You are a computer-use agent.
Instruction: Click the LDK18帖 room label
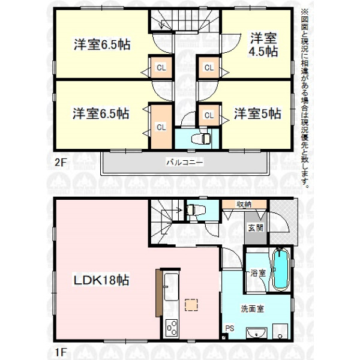[101, 280]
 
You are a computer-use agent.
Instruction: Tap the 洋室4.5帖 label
[263, 45]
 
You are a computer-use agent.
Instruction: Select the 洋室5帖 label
[257, 113]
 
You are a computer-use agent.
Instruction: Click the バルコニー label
[185, 163]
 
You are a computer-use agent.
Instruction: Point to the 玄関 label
[256, 228]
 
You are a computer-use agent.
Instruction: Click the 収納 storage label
[244, 204]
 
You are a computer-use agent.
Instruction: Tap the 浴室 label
[258, 273]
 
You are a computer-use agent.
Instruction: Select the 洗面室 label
[253, 308]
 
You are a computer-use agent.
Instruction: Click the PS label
[230, 328]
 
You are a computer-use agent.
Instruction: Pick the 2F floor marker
[61, 163]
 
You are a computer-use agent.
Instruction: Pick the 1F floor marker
[61, 352]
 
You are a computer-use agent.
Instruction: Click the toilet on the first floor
[195, 210]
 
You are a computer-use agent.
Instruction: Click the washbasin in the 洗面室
[256, 333]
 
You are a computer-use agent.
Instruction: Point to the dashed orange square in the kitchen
[191, 305]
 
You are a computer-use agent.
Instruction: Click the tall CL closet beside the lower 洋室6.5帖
[161, 127]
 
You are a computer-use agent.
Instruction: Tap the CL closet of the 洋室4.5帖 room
[209, 67]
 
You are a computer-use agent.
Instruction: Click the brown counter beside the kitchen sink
[158, 293]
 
